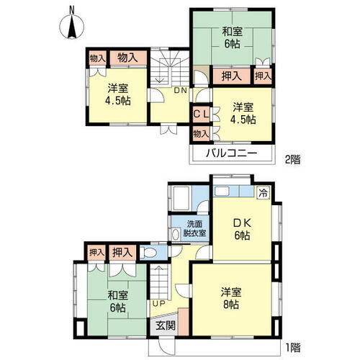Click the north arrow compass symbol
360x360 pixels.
pos(70,24)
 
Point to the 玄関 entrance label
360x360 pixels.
pos(166,325)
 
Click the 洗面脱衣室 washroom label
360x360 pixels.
pos(193,228)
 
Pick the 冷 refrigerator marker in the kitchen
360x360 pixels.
pos(264,193)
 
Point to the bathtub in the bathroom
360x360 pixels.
pos(181,197)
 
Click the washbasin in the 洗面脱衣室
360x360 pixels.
pos(177,233)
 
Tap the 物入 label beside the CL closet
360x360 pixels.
pos(201,132)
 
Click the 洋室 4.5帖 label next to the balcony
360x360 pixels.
pos(242,114)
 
